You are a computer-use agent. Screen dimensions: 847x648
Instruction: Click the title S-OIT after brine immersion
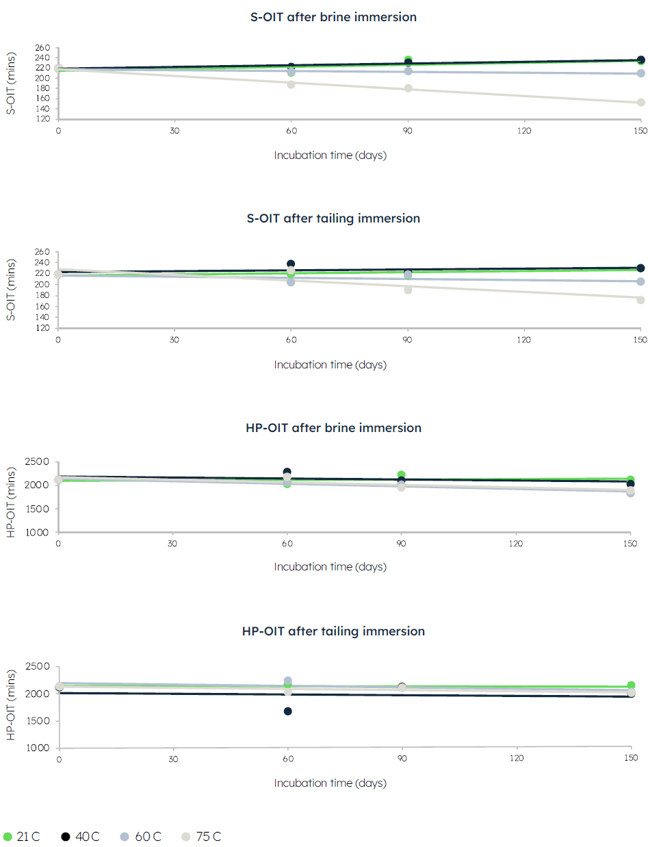(x=333, y=17)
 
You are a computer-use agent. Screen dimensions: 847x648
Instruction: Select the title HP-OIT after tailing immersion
(x=333, y=631)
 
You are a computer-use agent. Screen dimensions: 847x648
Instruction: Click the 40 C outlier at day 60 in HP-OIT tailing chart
(x=288, y=711)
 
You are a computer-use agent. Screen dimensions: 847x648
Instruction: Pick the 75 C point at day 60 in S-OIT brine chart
(x=291, y=84)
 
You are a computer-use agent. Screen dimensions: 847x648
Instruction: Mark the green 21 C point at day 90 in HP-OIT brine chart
(x=402, y=475)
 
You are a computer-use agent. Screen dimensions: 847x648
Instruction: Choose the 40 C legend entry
(x=80, y=837)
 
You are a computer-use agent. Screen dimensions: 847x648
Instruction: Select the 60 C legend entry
(x=141, y=837)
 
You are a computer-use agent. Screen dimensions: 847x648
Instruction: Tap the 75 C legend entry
(x=201, y=837)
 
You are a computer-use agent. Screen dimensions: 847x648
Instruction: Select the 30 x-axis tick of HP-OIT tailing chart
(x=173, y=758)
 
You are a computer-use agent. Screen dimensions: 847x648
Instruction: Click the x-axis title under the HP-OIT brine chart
(x=331, y=567)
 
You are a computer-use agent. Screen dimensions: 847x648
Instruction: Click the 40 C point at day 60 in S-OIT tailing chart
(x=291, y=264)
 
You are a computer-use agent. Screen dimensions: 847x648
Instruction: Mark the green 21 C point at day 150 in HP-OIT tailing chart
(x=631, y=685)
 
